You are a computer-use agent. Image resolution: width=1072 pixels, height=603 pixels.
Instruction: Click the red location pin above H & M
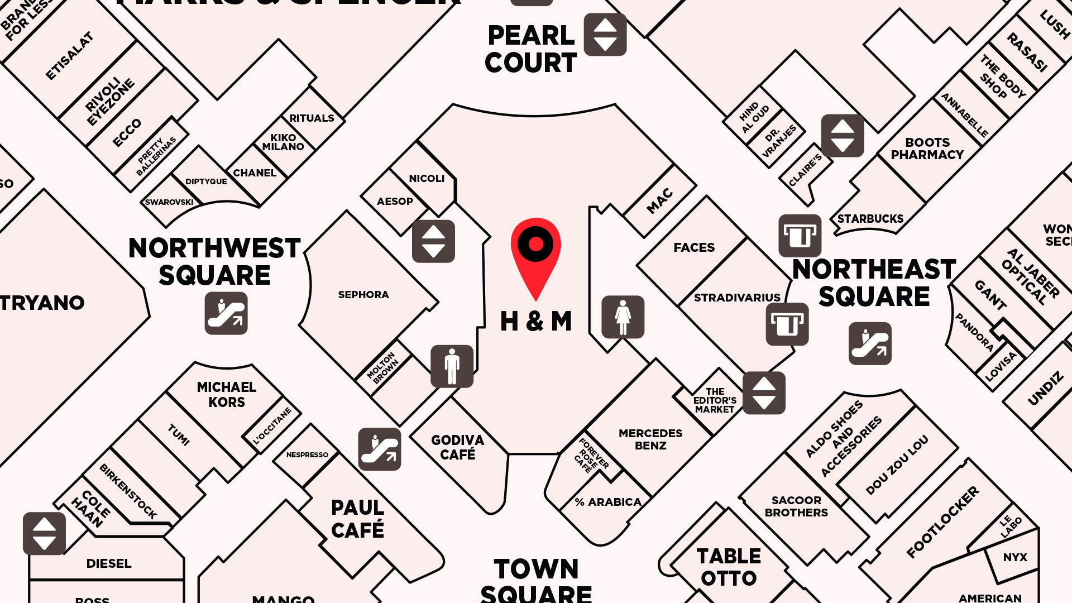535,251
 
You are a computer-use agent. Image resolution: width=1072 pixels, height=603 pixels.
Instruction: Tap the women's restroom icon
623,317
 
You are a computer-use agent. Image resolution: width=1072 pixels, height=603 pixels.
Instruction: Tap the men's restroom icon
452,366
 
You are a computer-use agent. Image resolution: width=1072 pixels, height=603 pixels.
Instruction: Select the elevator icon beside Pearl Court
605,35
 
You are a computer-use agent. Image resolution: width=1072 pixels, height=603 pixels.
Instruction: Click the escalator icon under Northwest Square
226,313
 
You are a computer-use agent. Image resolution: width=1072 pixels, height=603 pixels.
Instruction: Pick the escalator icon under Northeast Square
870,343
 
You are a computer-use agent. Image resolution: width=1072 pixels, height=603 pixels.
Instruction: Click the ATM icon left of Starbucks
800,236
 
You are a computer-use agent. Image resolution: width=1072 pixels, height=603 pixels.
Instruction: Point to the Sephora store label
363,294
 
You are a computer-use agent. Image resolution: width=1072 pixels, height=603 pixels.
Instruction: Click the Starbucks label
870,218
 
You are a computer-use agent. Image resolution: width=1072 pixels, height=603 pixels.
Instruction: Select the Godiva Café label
457,447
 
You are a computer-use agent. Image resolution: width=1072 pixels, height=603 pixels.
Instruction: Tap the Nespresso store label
307,454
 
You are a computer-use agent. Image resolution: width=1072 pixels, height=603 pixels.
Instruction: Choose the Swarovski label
169,202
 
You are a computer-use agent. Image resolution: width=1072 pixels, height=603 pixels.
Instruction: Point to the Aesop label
395,201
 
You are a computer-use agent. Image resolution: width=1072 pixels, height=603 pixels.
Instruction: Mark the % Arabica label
608,502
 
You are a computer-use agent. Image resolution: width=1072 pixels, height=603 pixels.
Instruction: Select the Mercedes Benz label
650,439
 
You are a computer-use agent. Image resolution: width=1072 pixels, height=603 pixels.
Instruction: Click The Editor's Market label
715,400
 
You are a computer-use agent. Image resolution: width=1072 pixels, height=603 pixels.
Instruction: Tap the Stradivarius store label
737,298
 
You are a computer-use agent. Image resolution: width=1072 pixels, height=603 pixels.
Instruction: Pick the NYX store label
1014,557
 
